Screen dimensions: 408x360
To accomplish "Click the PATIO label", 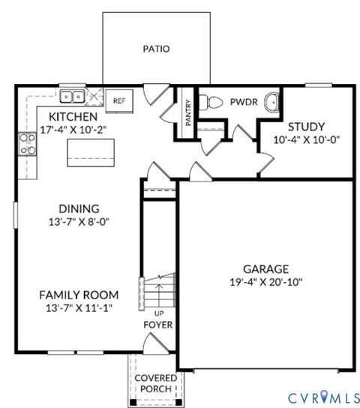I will [x=156, y=49].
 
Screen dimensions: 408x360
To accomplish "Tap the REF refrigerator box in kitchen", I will [x=119, y=100].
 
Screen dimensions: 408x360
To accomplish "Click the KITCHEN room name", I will [x=73, y=117].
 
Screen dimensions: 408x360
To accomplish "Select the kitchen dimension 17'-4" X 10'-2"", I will [x=73, y=129].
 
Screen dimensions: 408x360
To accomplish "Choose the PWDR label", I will [x=244, y=101].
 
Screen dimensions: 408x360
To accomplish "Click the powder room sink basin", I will [x=271, y=101].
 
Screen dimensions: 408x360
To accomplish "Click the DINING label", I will [x=79, y=208].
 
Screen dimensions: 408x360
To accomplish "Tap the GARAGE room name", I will [x=266, y=268].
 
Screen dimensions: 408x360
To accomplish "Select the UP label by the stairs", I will [x=158, y=312].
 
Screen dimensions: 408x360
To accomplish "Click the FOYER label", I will [x=158, y=325].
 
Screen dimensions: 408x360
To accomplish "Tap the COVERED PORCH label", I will [x=155, y=383].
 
